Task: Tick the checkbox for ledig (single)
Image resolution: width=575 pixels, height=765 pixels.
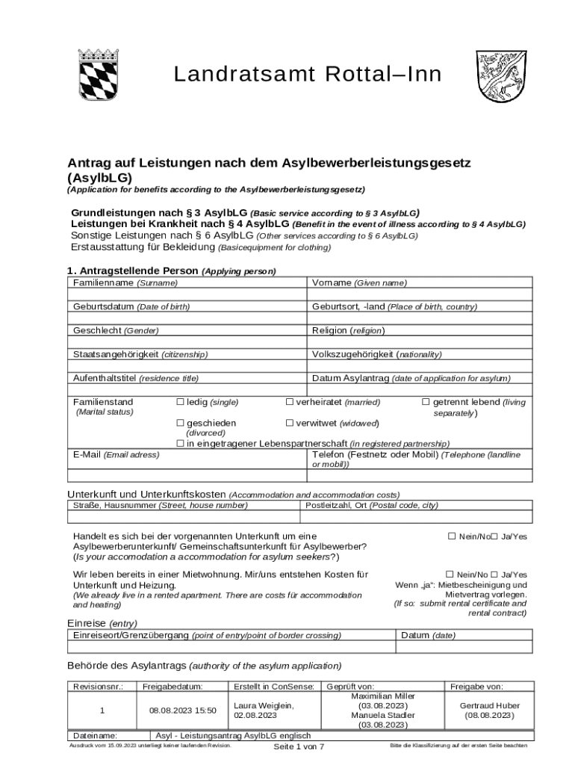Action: pyautogui.click(x=180, y=402)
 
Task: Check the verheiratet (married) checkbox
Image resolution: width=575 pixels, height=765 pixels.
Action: pyautogui.click(x=290, y=402)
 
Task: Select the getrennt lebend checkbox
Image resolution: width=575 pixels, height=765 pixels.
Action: pyautogui.click(x=426, y=402)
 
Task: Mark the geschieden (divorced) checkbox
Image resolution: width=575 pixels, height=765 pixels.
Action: pyautogui.click(x=180, y=424)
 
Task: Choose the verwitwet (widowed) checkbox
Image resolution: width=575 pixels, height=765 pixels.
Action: pyautogui.click(x=290, y=424)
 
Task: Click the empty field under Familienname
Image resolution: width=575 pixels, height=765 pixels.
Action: pyautogui.click(x=187, y=295)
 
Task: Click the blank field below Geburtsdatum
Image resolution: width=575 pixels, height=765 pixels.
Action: pyautogui.click(x=187, y=318)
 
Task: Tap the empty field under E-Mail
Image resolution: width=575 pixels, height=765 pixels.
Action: pyautogui.click(x=187, y=474)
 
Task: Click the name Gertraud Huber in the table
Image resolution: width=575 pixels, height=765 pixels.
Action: pyautogui.click(x=489, y=705)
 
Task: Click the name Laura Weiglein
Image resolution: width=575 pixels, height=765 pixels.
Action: pyautogui.click(x=264, y=705)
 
